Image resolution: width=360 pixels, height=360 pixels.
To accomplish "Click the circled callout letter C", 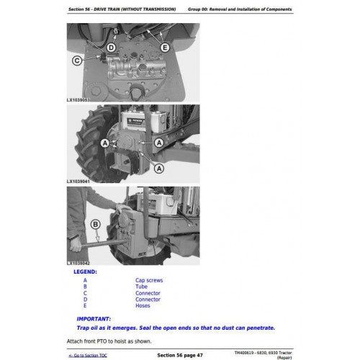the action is (77, 60).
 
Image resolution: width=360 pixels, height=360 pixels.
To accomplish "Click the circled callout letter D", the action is (111, 48).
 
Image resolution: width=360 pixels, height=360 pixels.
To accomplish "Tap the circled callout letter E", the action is (165, 48).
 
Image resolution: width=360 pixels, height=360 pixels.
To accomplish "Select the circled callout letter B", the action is (95, 225).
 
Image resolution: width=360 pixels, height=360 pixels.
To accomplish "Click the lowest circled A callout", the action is (159, 168).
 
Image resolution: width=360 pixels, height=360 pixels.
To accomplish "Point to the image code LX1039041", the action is (78, 181).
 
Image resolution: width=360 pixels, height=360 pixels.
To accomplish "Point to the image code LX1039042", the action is (78, 264).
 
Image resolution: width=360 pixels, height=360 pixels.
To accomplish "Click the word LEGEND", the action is (85, 272).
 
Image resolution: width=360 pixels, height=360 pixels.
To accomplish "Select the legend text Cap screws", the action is (149, 280).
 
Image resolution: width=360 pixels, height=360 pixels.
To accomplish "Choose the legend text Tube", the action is (141, 287).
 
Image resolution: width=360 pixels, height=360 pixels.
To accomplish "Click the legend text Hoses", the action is (143, 306).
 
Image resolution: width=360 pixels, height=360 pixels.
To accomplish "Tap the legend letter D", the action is (85, 300).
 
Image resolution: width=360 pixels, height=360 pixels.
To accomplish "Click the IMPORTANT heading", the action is (94, 319).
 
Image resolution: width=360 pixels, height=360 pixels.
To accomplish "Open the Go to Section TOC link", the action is (88, 355).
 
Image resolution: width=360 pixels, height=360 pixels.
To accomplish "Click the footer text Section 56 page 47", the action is (180, 355).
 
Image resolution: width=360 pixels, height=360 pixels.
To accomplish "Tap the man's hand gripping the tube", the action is (76, 246).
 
